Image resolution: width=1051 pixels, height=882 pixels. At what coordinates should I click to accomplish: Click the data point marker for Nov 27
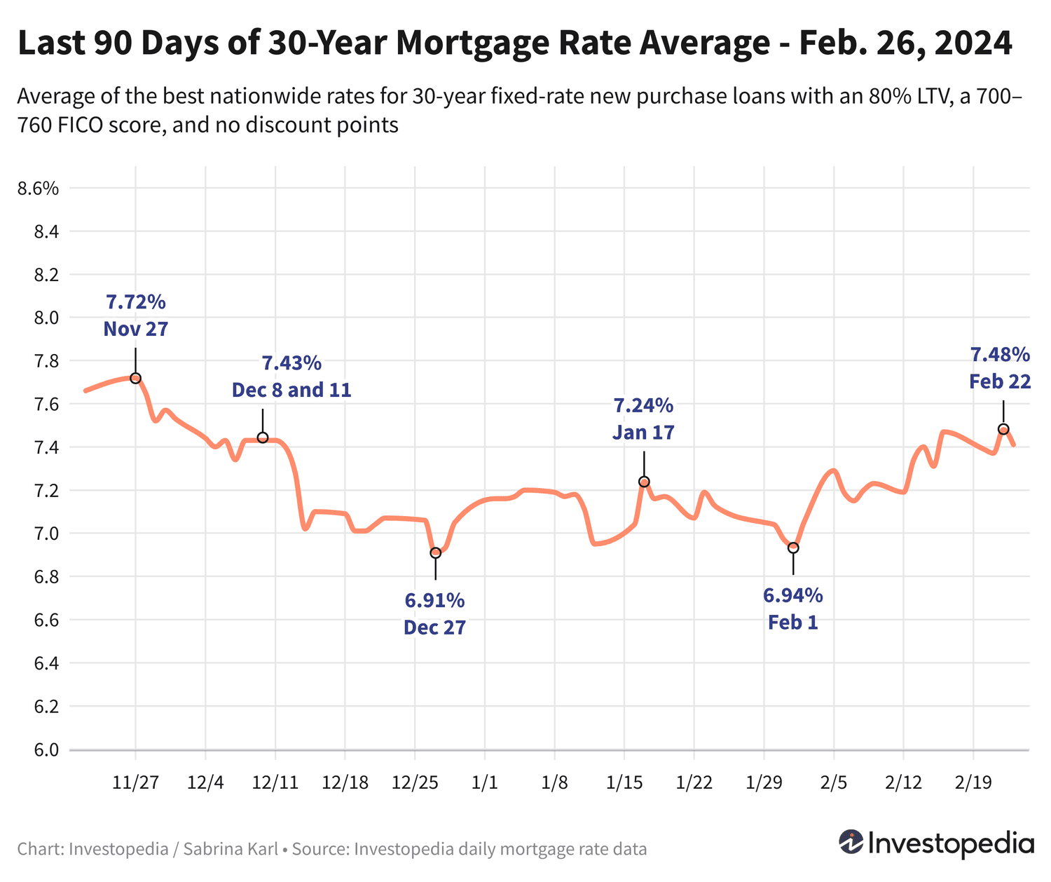[135, 378]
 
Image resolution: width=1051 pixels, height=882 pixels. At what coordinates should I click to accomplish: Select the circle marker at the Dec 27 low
[435, 552]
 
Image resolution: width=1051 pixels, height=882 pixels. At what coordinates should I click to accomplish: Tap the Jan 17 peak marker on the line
[644, 482]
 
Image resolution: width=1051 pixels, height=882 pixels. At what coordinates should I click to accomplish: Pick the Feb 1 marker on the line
[793, 548]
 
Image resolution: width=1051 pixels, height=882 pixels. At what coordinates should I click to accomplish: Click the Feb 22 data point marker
[1003, 429]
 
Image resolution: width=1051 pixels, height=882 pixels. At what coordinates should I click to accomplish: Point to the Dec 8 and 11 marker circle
[263, 437]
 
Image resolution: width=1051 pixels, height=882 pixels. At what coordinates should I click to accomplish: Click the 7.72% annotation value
[136, 302]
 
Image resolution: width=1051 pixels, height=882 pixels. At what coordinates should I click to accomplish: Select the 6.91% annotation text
[434, 600]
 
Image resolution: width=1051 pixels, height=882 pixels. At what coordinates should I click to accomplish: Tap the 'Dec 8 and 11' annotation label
[291, 390]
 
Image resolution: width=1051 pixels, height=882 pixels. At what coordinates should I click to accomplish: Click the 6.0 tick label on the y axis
[46, 750]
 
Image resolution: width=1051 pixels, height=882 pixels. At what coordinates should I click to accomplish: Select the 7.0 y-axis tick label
[46, 534]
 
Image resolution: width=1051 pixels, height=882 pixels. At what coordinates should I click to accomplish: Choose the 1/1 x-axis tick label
[484, 782]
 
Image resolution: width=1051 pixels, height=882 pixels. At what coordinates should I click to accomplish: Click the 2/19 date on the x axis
[973, 782]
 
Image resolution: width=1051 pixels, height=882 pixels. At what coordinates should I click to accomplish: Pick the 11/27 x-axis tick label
[135, 782]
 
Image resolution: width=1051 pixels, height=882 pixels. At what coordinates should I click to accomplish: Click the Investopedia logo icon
[851, 842]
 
